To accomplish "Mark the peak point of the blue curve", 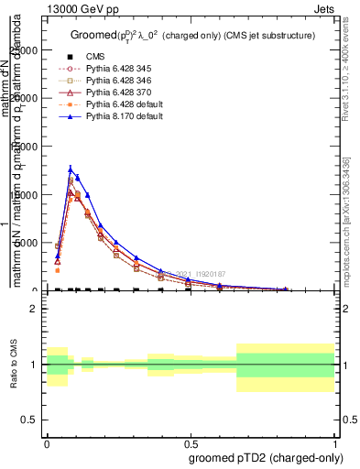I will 71,169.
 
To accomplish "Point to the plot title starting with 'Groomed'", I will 193,35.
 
